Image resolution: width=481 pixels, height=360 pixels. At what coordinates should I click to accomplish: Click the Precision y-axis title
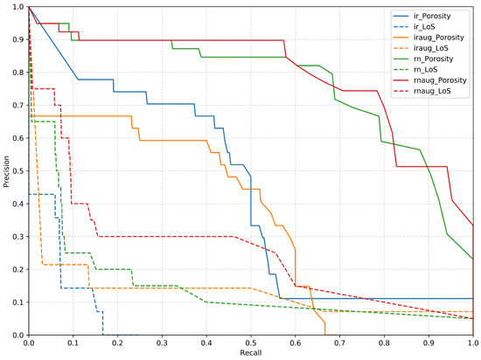(6, 171)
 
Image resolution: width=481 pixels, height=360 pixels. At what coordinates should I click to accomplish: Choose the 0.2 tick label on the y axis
(17, 270)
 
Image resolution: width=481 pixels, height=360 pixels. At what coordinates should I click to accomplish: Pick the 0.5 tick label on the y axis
(17, 171)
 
